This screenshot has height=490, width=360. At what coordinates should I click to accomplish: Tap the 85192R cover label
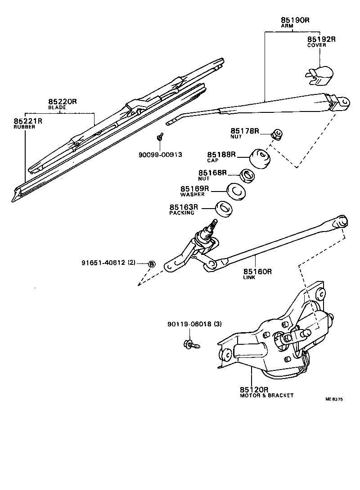click(x=321, y=40)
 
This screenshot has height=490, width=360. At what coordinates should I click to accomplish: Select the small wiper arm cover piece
click(x=319, y=76)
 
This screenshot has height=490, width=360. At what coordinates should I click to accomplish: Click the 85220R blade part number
click(x=63, y=102)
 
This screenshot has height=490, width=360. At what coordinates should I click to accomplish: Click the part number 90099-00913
click(x=160, y=155)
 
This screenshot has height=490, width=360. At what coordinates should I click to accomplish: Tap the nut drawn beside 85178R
click(x=277, y=134)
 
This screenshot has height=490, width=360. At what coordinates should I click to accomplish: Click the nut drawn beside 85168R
click(x=247, y=175)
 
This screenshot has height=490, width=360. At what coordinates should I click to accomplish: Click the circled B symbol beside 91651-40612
click(x=152, y=264)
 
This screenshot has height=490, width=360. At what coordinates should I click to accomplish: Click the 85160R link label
click(x=258, y=272)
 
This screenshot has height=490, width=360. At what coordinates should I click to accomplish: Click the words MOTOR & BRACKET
click(x=266, y=396)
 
